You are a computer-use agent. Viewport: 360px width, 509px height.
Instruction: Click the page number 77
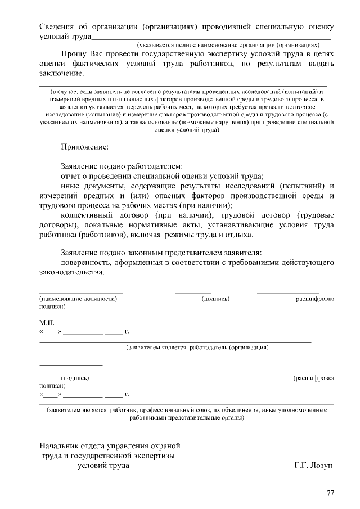tap(330, 493)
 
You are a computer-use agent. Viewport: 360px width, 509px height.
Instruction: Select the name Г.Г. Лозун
tap(314, 466)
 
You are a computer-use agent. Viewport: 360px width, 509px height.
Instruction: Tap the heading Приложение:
tap(84, 147)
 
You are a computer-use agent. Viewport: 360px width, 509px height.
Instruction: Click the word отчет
tap(72, 175)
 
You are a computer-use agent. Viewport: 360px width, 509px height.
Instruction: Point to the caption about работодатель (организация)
tap(197, 348)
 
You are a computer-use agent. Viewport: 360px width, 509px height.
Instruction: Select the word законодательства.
tap(71, 272)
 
